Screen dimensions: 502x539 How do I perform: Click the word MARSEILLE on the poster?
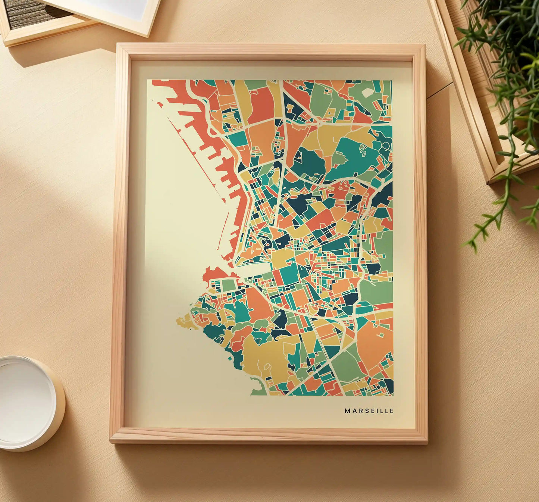[369, 411]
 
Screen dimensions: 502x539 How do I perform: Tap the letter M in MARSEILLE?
[347, 411]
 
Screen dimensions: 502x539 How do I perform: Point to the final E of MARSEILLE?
[392, 411]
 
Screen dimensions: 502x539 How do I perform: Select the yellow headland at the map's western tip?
[184, 321]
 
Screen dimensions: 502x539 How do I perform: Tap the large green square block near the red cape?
[229, 286]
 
